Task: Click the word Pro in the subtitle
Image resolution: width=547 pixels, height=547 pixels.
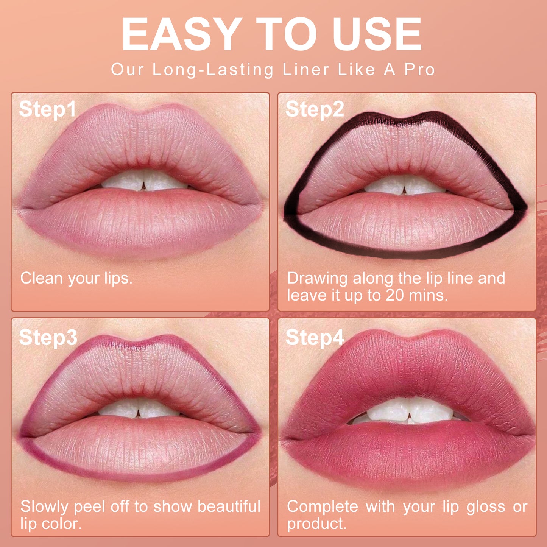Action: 419,70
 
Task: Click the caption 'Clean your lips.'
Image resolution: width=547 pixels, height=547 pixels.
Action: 76,278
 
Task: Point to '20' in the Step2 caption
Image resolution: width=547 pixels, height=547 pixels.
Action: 395,295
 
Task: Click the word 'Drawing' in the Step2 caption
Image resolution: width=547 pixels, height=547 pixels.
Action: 317,279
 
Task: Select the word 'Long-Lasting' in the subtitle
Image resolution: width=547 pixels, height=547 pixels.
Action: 213,70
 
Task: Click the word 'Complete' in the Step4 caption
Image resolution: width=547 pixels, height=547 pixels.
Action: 323,506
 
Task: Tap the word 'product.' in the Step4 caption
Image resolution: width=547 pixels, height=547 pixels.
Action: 316,524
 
